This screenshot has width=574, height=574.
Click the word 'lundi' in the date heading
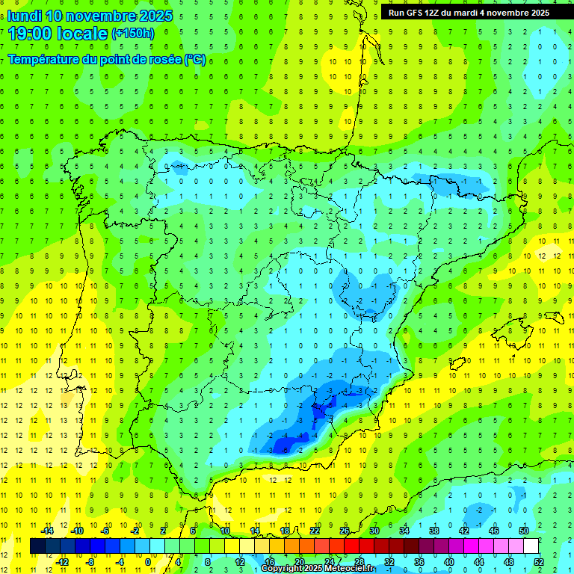coord(25,16)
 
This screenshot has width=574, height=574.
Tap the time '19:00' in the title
coord(30,33)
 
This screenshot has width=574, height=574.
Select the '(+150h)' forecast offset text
coord(133,33)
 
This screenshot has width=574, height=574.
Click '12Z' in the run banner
coord(435,13)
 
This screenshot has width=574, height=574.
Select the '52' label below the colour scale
coord(538,562)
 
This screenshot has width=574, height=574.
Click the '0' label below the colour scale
coord(148,562)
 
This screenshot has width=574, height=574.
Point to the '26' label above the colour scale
coord(345,531)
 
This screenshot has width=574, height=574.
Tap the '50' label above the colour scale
coord(524,531)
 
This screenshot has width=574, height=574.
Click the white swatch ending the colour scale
coord(531,546)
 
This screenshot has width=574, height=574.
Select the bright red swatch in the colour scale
coord(351,546)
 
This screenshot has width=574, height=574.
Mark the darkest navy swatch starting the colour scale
coord(38,546)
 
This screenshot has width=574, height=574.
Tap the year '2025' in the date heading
coord(155,16)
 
